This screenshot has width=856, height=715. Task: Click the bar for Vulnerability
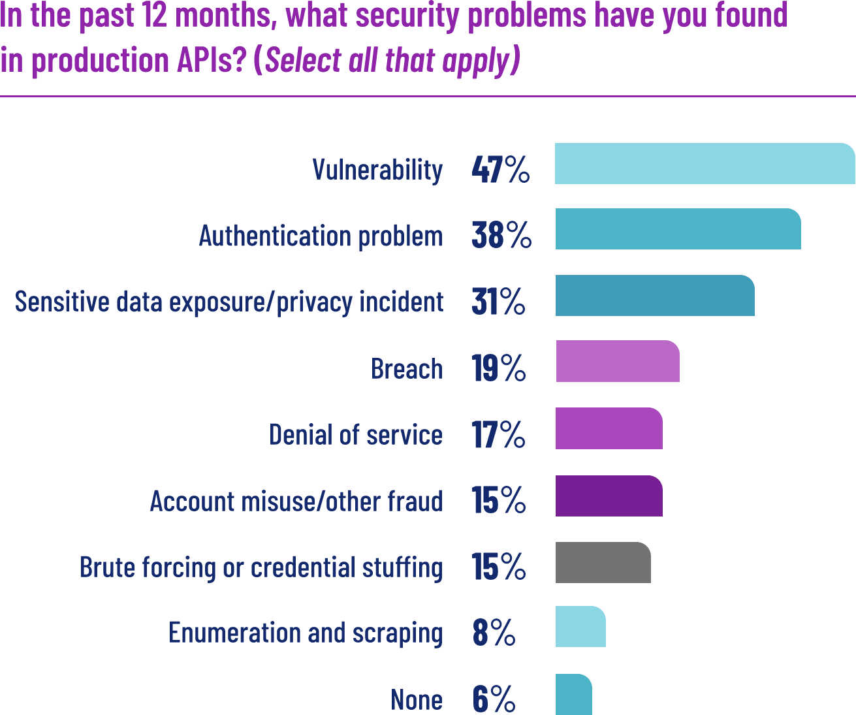click(705, 163)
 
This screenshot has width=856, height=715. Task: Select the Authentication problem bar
click(678, 229)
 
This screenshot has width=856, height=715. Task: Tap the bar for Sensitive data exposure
click(655, 295)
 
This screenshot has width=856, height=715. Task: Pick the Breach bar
click(618, 361)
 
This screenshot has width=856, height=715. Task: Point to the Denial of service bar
click(609, 428)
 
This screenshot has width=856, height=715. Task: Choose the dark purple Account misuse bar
click(609, 496)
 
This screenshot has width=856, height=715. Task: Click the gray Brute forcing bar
click(603, 562)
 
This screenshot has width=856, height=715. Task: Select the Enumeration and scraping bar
click(580, 627)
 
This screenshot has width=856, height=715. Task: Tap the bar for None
click(574, 694)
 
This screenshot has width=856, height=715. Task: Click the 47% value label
click(500, 170)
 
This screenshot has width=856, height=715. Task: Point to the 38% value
click(501, 235)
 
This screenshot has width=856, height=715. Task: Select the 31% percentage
click(498, 302)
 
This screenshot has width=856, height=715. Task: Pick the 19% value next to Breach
click(499, 368)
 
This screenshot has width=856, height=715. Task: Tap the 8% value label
click(494, 632)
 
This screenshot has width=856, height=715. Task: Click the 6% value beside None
click(494, 699)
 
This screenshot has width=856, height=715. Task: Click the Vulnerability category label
click(377, 170)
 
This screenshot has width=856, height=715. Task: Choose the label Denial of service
click(355, 435)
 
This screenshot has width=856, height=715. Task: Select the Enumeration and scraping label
click(305, 633)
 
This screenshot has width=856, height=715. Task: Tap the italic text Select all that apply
click(387, 61)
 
